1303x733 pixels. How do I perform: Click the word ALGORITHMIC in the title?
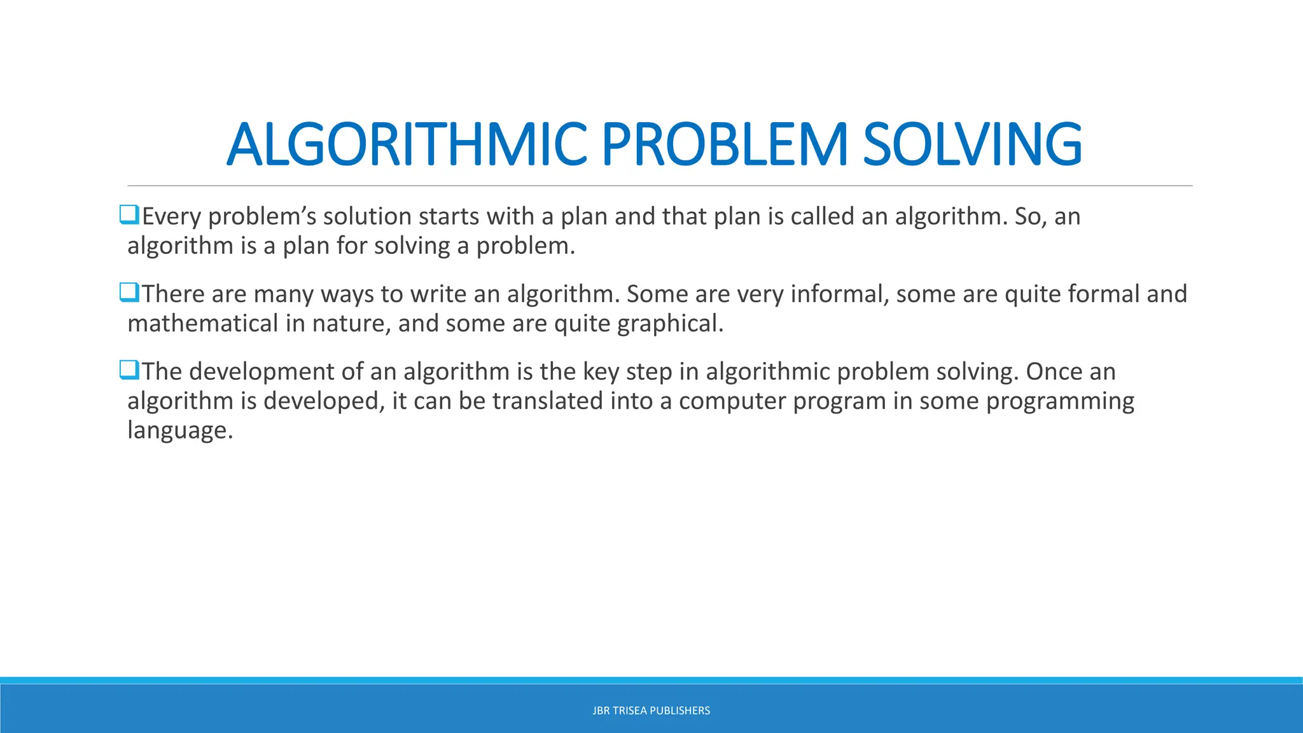[406, 145]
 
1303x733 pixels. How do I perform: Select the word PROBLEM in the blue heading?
[724, 145]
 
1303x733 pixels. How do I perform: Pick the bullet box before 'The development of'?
[129, 370]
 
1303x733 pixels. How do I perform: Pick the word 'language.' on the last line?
[180, 431]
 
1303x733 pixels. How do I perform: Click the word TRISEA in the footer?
[629, 711]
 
